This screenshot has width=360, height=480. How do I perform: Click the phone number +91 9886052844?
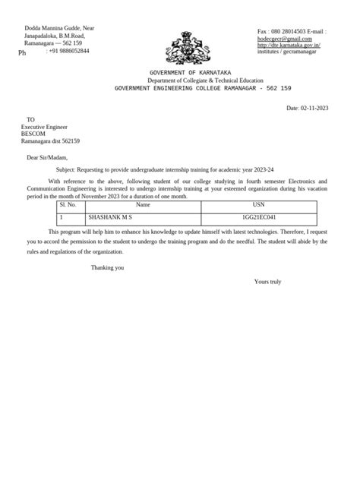point(69,51)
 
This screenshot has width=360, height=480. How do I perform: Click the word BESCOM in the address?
point(35,134)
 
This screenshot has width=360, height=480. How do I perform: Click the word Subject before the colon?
point(68,171)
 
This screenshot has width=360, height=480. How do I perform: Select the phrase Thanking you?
point(107,267)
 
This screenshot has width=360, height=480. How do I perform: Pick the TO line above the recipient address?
point(30,119)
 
